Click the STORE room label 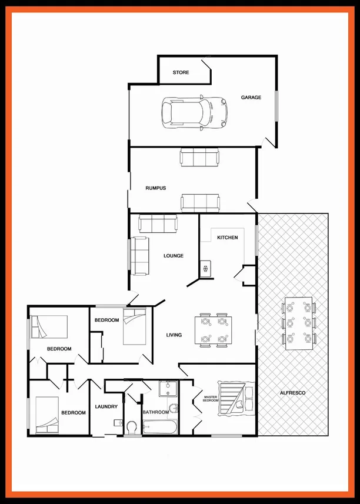point(181,73)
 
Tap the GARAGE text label point(251,98)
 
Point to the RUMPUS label point(155,188)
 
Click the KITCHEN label point(228,238)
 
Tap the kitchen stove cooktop point(205,269)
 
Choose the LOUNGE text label point(174,256)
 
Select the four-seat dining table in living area point(213,331)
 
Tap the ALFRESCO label point(293,392)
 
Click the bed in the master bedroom point(235,399)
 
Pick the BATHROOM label point(156,412)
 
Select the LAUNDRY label point(106,406)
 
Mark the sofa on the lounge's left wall point(139,255)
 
